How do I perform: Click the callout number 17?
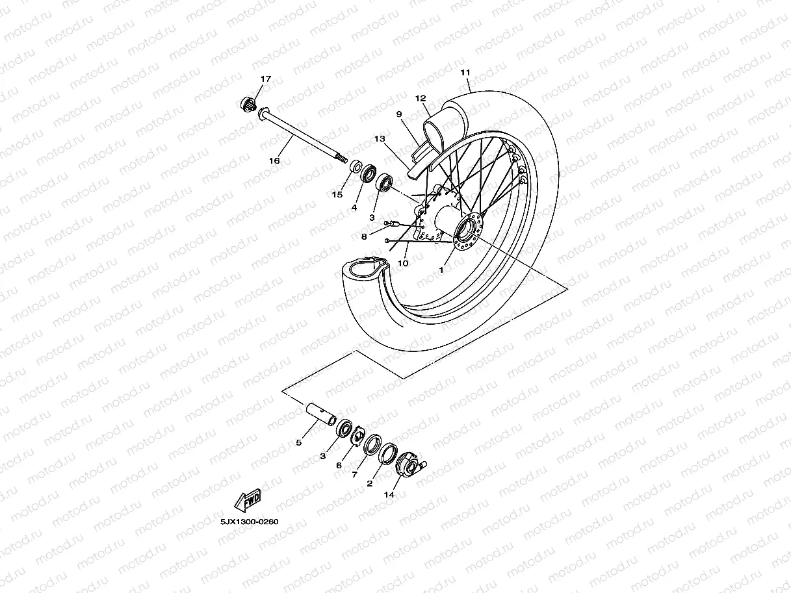point(265,79)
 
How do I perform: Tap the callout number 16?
point(275,160)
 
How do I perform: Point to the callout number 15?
point(337,194)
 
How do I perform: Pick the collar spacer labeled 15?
point(357,168)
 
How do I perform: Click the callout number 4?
point(355,208)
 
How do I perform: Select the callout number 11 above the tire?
point(465,72)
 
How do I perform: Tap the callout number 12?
point(421,99)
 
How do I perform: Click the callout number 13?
point(380,139)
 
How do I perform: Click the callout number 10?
point(403,263)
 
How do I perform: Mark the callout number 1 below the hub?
point(441,269)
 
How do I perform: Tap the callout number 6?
point(339,466)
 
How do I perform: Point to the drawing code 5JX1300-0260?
point(249,521)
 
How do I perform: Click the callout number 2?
point(370,483)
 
